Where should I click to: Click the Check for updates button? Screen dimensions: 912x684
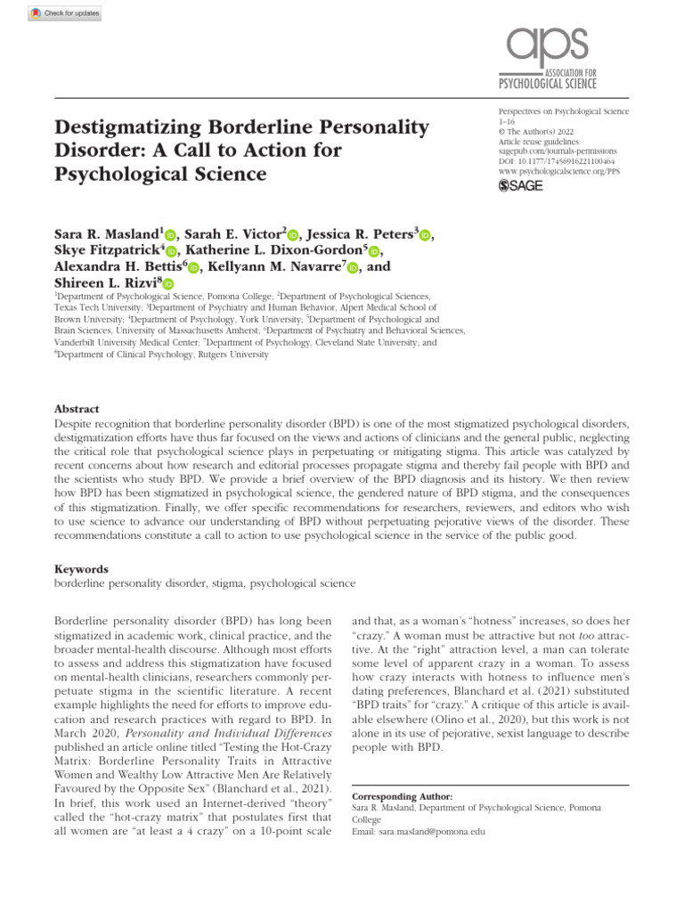67,13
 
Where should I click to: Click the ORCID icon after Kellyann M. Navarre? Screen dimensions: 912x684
354,266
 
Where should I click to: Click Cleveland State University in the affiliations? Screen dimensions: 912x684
374,342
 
